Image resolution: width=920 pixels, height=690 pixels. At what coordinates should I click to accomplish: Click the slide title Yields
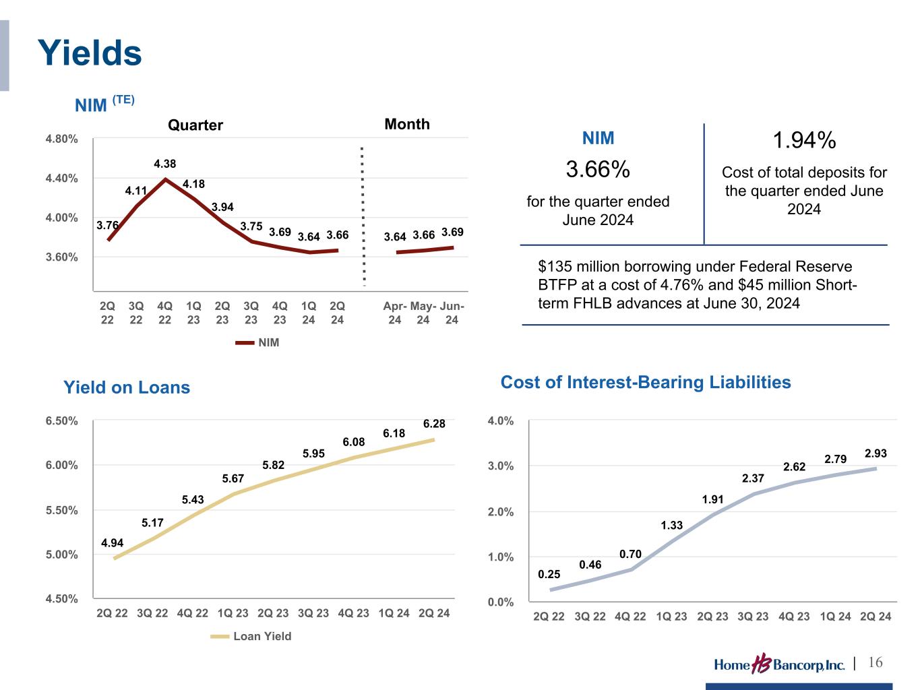[x=90, y=53]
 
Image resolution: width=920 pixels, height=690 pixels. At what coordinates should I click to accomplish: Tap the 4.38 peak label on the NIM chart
[x=165, y=164]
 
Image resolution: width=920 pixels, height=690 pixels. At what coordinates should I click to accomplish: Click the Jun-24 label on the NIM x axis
[x=452, y=313]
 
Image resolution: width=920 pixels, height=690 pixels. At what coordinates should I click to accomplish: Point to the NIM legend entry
[x=257, y=342]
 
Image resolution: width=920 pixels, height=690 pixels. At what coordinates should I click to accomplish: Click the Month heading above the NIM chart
[x=406, y=124]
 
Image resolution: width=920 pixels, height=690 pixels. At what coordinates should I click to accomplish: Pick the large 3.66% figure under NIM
[x=598, y=170]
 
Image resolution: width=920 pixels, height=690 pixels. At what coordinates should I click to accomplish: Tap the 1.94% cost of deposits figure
[x=803, y=141]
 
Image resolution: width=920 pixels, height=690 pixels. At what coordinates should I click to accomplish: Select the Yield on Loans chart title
[x=127, y=387]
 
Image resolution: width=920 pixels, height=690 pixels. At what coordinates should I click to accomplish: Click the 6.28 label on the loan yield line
[x=434, y=424]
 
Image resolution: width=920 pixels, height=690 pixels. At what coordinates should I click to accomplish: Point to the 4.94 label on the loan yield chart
[x=112, y=542]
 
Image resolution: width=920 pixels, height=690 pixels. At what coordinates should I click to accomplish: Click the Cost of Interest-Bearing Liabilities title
[x=645, y=383]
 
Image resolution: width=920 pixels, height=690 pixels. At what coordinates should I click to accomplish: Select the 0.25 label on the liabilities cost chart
[x=549, y=574]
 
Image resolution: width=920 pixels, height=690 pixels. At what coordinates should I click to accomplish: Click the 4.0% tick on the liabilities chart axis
[x=501, y=421]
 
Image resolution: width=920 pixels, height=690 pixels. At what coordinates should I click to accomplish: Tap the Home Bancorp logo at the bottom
[x=779, y=664]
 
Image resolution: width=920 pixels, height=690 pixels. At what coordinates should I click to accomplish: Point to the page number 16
[x=875, y=663]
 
